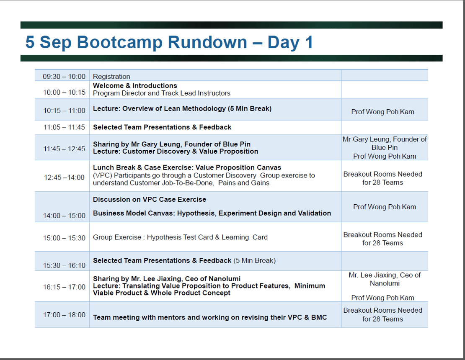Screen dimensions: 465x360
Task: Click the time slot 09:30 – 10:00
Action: [64, 77]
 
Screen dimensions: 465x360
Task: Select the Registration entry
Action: [111, 77]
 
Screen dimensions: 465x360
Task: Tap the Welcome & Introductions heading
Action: [135, 86]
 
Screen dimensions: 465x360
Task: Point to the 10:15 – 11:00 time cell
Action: [64, 111]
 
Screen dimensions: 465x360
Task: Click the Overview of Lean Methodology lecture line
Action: [182, 109]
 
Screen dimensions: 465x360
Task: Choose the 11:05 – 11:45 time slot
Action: [64, 127]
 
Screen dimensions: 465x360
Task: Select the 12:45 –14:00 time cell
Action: [64, 177]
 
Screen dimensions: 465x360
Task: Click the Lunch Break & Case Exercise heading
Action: [187, 167]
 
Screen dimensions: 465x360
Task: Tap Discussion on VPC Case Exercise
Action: [150, 199]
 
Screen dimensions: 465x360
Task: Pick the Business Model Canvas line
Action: [212, 213]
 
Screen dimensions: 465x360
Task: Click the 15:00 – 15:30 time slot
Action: [64, 238]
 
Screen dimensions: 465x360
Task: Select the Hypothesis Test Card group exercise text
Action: [180, 237]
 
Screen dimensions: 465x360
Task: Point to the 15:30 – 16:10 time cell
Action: [64, 265]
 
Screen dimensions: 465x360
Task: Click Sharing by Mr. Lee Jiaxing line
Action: [167, 279]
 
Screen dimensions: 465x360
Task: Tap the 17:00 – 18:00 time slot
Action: [64, 315]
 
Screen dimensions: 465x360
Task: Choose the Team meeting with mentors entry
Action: [210, 317]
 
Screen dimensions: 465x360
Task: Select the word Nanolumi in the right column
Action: [385, 283]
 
